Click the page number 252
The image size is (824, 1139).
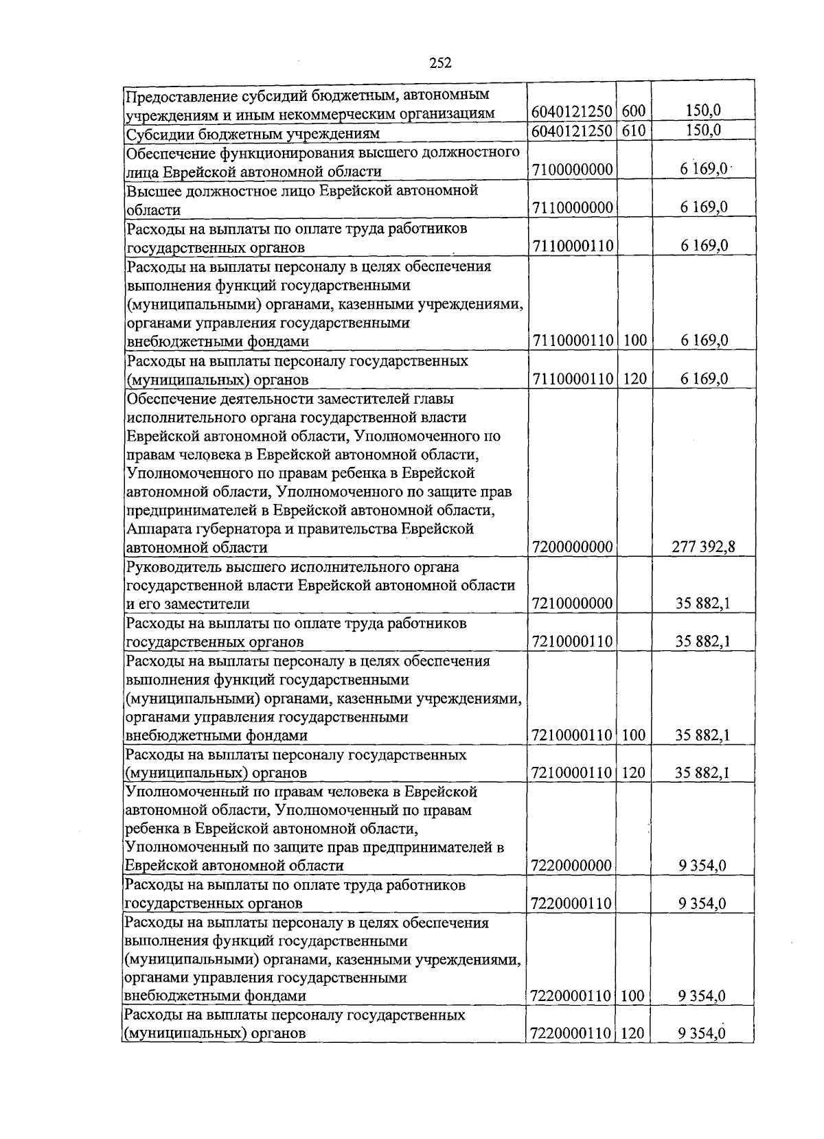[x=440, y=63]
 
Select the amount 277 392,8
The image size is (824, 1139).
[x=703, y=547]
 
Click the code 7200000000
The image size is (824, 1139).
[x=572, y=547]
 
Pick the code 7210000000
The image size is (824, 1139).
[x=572, y=603]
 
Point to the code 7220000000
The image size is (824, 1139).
[x=572, y=865]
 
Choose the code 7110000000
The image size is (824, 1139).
[x=572, y=207]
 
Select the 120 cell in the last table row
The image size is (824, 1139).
[x=633, y=1033]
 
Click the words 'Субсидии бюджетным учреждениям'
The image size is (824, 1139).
[x=252, y=133]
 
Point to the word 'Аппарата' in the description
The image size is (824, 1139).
[x=155, y=529]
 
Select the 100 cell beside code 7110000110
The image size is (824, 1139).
[x=633, y=341]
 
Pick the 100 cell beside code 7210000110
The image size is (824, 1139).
[x=633, y=735]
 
